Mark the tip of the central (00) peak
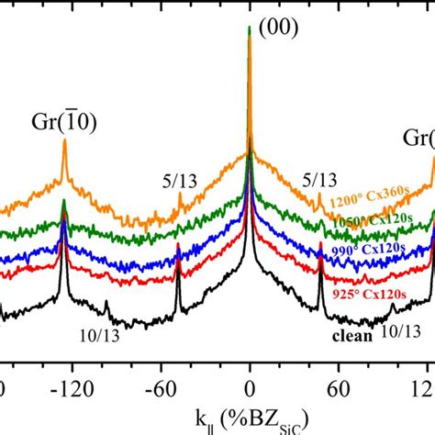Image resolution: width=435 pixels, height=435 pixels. coord(251,28)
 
